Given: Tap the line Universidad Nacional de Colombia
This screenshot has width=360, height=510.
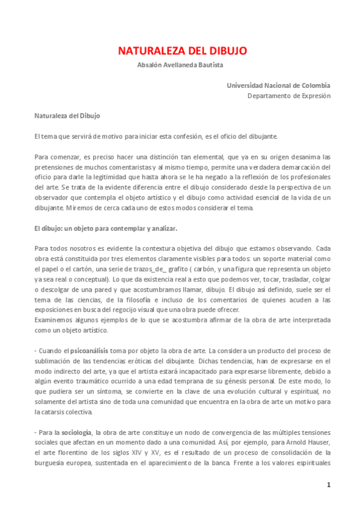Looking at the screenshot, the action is (278, 85).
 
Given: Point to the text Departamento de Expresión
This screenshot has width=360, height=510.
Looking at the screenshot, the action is (288, 95).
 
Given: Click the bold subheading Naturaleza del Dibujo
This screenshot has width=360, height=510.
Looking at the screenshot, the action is (67, 115).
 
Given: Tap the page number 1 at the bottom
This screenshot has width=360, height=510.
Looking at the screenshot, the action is (328, 485).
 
